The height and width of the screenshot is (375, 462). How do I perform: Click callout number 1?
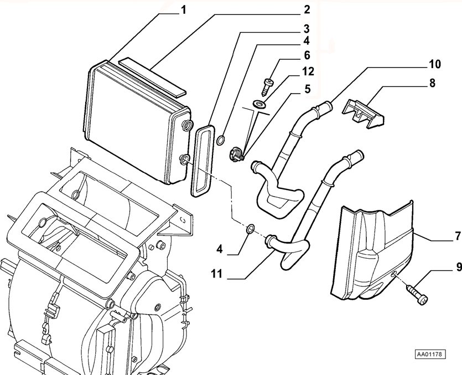[184, 10]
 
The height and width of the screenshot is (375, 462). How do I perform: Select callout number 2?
[307, 9]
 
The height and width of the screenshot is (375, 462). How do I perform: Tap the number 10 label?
[434, 64]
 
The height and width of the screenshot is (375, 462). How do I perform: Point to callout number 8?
[432, 83]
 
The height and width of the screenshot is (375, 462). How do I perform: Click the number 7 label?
[458, 236]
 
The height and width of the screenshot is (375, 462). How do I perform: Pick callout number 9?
[459, 267]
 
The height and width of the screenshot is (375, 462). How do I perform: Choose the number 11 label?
[216, 274]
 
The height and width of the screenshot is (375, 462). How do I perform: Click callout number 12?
[308, 71]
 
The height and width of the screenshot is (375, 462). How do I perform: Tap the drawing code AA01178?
[430, 354]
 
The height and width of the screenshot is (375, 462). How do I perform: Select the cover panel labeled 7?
[372, 251]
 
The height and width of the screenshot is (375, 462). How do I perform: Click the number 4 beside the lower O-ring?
[220, 250]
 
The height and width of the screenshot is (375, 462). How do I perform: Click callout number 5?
[307, 89]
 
